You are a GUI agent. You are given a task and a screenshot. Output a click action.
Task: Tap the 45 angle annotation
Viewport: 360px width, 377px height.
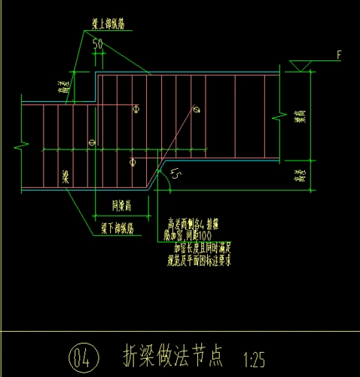(x=175, y=176)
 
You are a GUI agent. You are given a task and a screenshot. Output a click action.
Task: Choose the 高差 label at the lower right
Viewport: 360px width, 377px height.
(x=301, y=177)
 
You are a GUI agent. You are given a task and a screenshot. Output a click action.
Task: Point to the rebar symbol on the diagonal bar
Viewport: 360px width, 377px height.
(x=196, y=110)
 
